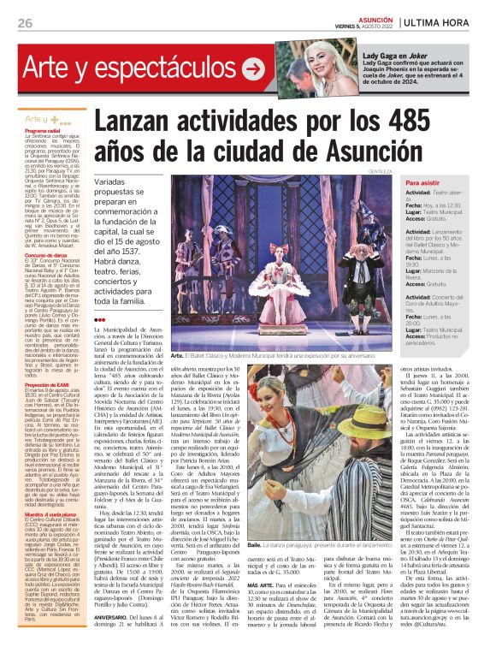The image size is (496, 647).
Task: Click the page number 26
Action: click(x=25, y=23)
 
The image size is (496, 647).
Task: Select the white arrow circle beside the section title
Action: click(x=253, y=69)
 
